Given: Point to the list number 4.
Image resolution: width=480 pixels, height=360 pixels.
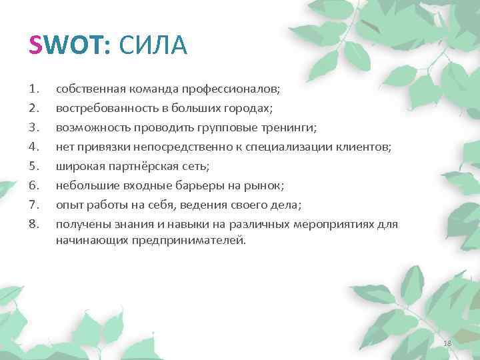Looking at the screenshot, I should pyautogui.click(x=35, y=146).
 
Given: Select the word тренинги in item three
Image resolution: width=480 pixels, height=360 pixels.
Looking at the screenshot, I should pyautogui.click(x=291, y=127).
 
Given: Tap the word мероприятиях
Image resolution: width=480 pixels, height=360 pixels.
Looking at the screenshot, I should pyautogui.click(x=333, y=224).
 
